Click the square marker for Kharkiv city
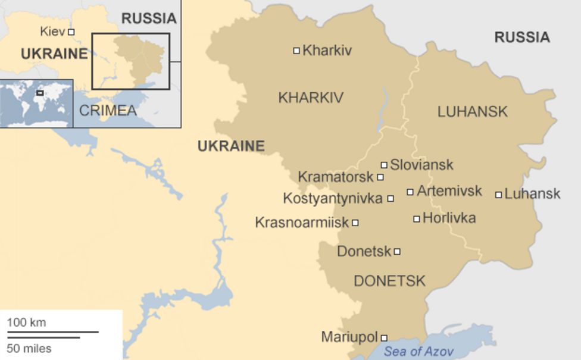click(x=296, y=51)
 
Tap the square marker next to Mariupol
click(x=384, y=338)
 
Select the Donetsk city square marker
click(x=397, y=252)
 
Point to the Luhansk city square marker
click(x=498, y=195)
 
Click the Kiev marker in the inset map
click(x=71, y=32)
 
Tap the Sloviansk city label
click(x=421, y=165)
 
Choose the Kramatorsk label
click(x=335, y=177)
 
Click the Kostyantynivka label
click(x=332, y=198)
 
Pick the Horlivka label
click(x=449, y=218)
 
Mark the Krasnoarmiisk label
click(x=302, y=223)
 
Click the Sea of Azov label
click(x=418, y=351)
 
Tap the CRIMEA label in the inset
click(x=108, y=111)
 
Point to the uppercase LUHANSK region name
click(x=472, y=111)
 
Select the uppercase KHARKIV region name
click(x=311, y=98)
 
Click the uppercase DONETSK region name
click(x=389, y=281)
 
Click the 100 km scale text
click(x=26, y=323)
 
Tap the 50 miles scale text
click(x=29, y=348)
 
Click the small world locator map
click(x=36, y=103)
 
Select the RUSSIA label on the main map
click(x=521, y=37)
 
